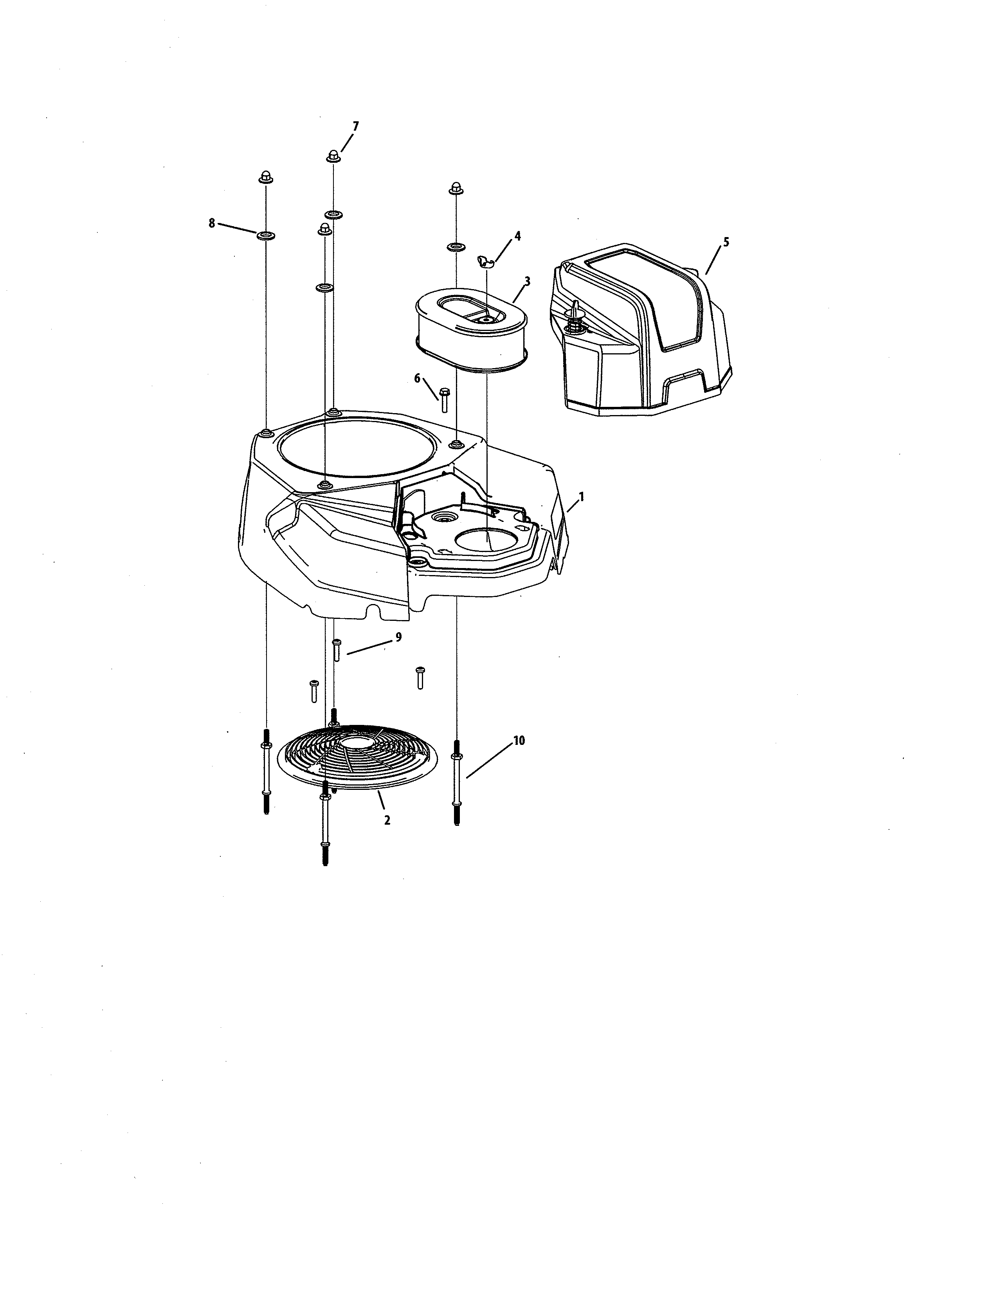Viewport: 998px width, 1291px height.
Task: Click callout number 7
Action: coord(355,126)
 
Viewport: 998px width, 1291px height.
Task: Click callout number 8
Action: coord(212,223)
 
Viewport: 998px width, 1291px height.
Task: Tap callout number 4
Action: coord(517,236)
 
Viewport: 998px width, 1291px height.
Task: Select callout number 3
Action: coord(527,281)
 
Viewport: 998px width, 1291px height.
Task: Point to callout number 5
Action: coord(726,242)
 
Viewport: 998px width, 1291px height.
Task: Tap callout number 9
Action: coord(398,637)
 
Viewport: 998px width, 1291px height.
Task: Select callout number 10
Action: coord(519,740)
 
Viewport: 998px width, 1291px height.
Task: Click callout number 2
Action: coord(387,820)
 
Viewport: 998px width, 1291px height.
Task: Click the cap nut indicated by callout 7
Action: coord(333,156)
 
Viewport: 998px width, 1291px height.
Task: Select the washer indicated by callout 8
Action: coord(266,236)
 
